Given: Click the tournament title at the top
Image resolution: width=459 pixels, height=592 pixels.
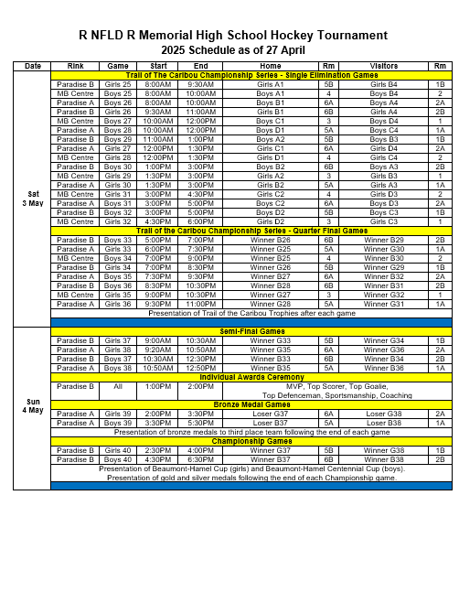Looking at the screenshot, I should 229,33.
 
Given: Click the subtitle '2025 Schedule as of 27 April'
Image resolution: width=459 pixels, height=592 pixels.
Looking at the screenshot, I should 229,48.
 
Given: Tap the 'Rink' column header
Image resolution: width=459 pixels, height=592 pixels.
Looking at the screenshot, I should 76,66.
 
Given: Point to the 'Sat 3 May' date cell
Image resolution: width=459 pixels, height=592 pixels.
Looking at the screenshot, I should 33,197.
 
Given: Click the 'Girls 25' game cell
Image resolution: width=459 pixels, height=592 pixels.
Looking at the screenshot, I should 118,83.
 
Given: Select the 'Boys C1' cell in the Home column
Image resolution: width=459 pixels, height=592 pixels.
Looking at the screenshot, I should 271,120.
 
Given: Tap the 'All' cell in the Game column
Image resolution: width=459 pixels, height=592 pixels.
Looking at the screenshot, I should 118,386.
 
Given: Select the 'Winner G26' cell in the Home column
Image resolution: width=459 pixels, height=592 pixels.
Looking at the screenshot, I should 271,240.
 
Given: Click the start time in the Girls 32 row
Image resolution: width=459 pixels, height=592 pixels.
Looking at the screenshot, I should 158,221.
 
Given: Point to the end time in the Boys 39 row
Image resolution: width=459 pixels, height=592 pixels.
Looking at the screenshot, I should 200,423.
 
